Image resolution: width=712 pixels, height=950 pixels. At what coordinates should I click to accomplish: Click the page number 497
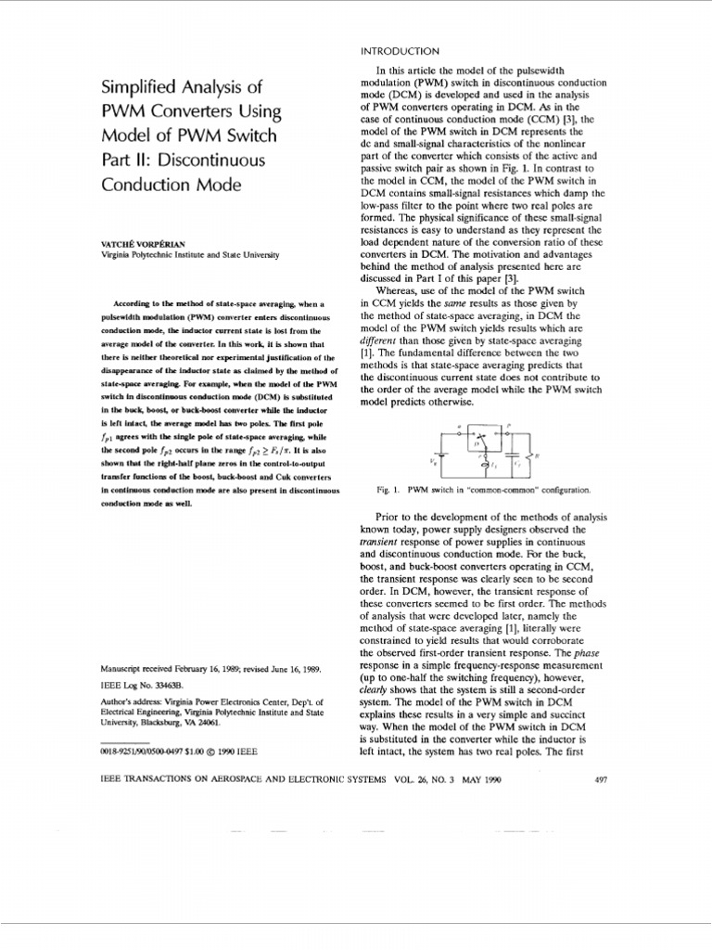[599, 780]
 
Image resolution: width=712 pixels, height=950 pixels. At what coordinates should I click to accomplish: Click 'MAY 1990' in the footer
[479, 780]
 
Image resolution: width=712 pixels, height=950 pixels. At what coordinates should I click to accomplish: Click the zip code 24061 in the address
[231, 720]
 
